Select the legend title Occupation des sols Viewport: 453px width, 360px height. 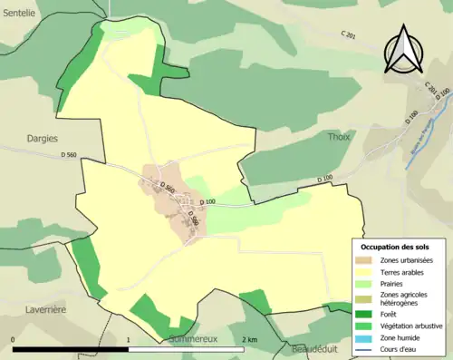395,246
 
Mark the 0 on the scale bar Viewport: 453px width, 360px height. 13,340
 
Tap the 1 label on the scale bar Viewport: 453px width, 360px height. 129,340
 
